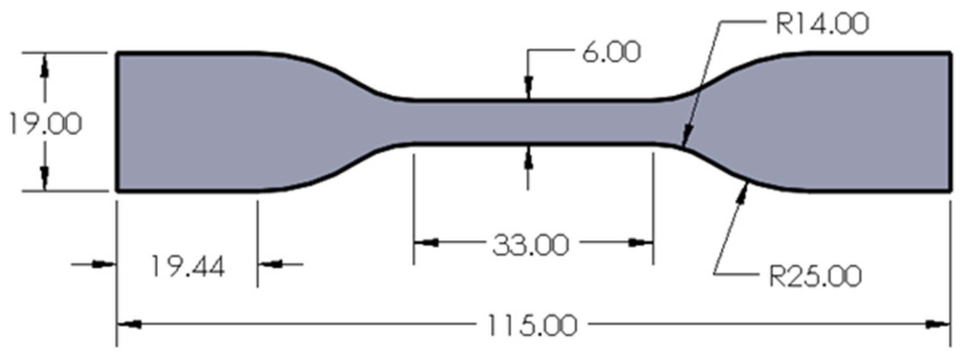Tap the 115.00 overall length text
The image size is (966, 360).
coord(532,325)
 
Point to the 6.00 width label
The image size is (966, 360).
coord(611,53)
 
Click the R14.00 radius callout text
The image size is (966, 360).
coord(822,24)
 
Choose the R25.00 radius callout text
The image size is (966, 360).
coord(815,276)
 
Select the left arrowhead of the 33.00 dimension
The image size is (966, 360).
coord(426,243)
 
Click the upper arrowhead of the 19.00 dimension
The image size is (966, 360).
coord(44,68)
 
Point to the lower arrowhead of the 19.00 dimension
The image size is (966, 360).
coord(44,175)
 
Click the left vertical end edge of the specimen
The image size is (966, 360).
coord(117,122)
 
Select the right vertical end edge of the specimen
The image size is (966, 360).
coord(951,122)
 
